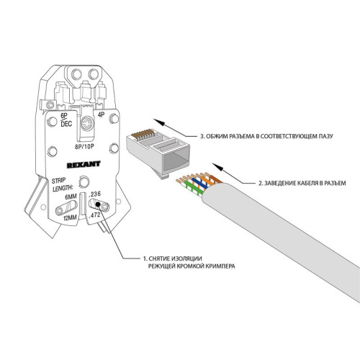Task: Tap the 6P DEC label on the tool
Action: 66,120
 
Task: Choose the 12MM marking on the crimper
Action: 71,217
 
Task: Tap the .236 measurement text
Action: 103,194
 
